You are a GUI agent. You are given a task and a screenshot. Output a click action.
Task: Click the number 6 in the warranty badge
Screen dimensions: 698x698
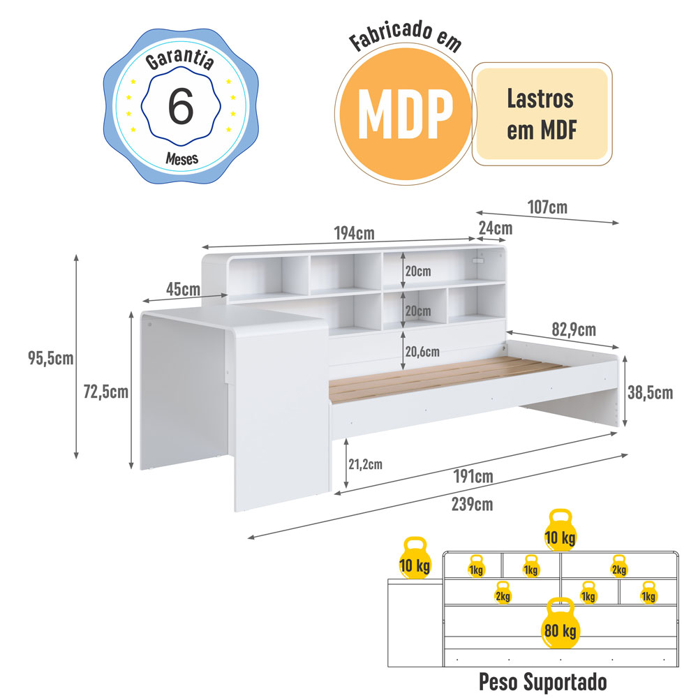pyautogui.click(x=181, y=106)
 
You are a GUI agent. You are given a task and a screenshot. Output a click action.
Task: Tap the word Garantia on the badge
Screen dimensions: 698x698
pyautogui.click(x=180, y=59)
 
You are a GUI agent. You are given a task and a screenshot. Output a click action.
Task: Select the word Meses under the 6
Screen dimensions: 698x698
pyautogui.click(x=181, y=158)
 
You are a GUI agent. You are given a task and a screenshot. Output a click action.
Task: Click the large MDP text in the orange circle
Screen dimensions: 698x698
pyautogui.click(x=406, y=114)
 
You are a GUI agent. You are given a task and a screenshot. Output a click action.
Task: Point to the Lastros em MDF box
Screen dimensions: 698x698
pyautogui.click(x=542, y=114)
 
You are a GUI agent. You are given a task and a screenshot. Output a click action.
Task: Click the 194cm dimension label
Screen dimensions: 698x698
pyautogui.click(x=355, y=233)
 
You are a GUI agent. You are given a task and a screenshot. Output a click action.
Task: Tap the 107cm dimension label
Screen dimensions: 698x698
pyautogui.click(x=547, y=207)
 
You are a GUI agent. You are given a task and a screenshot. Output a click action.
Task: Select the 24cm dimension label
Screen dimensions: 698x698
pyautogui.click(x=496, y=228)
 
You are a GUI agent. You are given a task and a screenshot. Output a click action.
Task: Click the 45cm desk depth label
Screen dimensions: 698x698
pyautogui.click(x=183, y=290)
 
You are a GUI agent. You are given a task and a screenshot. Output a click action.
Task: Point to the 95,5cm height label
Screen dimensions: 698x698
pyautogui.click(x=51, y=358)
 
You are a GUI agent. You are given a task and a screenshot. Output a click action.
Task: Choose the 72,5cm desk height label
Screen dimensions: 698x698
pyautogui.click(x=106, y=392)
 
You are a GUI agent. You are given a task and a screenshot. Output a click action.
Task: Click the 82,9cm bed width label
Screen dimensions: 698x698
pyautogui.click(x=574, y=329)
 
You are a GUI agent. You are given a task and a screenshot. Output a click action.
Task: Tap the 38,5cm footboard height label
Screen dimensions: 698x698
pyautogui.click(x=650, y=392)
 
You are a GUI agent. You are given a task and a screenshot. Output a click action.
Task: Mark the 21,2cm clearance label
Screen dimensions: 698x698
pyautogui.click(x=365, y=464)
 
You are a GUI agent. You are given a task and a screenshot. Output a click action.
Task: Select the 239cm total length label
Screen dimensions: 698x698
pyautogui.click(x=473, y=505)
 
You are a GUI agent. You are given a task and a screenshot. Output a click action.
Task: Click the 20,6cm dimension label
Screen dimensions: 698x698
pyautogui.click(x=422, y=352)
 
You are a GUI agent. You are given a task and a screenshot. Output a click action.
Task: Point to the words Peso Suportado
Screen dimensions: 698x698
pyautogui.click(x=542, y=681)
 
